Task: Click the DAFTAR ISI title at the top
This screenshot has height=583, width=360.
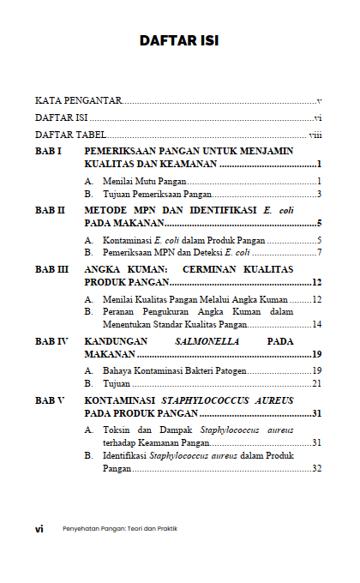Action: click(x=179, y=40)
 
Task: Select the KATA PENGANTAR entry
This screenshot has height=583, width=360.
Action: click(x=78, y=101)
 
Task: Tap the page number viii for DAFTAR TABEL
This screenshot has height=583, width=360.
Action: click(x=315, y=135)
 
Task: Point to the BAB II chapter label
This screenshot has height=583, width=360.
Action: click(x=51, y=210)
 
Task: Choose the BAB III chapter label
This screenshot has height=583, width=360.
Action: click(x=52, y=269)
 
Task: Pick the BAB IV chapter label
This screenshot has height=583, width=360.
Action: click(x=51, y=341)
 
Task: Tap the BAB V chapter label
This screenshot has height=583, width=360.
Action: click(x=50, y=400)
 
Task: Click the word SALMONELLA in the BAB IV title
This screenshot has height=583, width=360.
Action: click(x=203, y=341)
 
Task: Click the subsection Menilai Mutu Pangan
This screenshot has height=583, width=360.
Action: click(x=143, y=181)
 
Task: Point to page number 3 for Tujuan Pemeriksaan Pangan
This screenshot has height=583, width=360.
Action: click(x=318, y=194)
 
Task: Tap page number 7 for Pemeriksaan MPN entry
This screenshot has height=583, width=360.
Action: click(x=318, y=253)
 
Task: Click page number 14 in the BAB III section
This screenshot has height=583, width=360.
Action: click(x=315, y=325)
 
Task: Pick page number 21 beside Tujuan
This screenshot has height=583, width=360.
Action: click(x=315, y=383)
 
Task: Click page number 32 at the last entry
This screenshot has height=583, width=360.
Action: click(x=315, y=468)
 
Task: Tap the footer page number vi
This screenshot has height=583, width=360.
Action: click(x=39, y=528)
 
